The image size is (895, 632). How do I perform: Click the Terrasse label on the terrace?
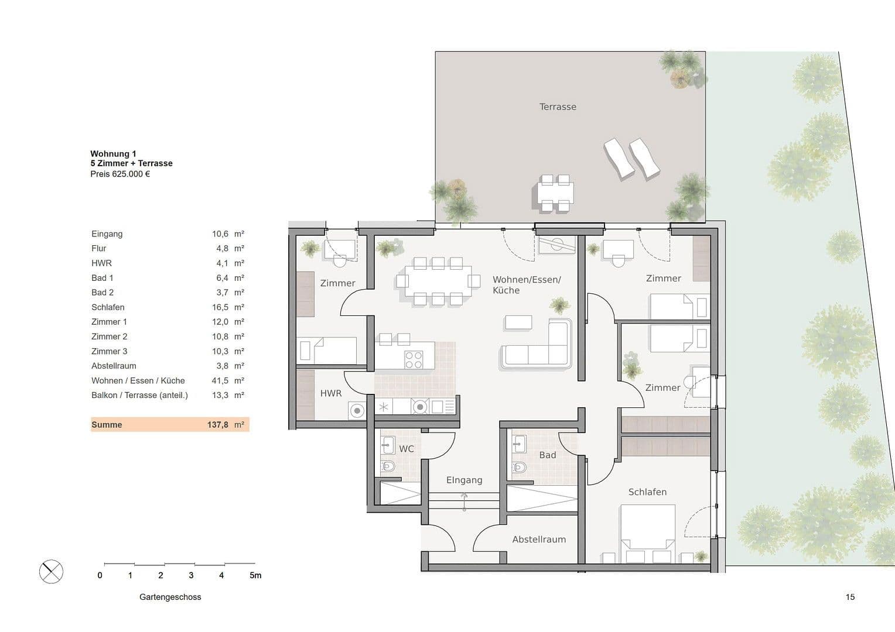(x=558, y=107)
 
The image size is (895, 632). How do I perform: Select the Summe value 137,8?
(x=217, y=425)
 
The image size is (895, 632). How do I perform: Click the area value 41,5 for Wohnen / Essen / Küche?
(x=220, y=380)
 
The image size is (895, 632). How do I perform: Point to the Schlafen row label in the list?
(x=108, y=307)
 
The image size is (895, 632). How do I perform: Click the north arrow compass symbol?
(x=52, y=571)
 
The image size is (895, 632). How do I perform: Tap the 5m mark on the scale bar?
(x=255, y=575)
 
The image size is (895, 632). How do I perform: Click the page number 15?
(x=850, y=597)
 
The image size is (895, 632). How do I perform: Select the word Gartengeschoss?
(x=170, y=597)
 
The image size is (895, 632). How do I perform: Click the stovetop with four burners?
(x=414, y=359)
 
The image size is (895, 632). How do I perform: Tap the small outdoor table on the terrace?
(x=555, y=193)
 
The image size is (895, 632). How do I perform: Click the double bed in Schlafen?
(x=648, y=534)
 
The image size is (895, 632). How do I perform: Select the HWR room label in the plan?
(x=331, y=393)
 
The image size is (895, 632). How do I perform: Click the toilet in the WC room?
(x=388, y=467)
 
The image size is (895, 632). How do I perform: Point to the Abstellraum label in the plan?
(x=539, y=540)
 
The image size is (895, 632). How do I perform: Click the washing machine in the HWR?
(x=356, y=410)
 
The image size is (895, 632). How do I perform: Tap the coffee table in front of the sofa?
(x=518, y=322)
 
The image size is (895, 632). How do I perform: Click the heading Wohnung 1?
(x=113, y=154)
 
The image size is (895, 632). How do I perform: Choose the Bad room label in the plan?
(x=548, y=455)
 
